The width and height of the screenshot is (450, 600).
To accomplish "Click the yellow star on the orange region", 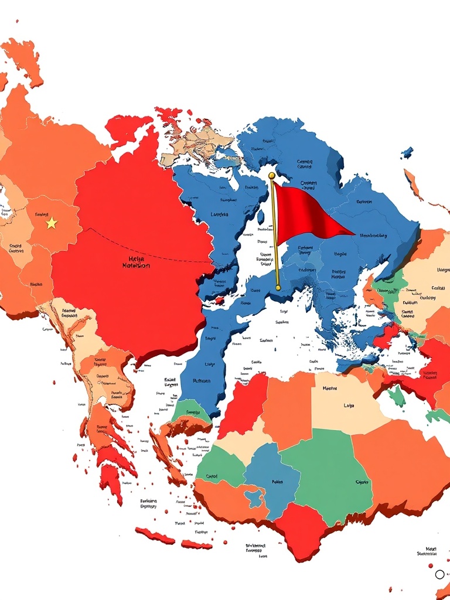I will pyautogui.click(x=52, y=223).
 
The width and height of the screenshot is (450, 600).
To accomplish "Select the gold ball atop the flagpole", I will pyautogui.click(x=271, y=175).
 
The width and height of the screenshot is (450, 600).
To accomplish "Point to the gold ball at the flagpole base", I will pyautogui.click(x=277, y=288).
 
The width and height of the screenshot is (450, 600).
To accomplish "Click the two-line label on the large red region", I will pyautogui.click(x=136, y=261).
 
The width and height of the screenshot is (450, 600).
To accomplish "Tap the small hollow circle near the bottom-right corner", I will pyautogui.click(x=439, y=574).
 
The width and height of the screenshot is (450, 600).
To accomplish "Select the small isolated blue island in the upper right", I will pyautogui.click(x=407, y=152).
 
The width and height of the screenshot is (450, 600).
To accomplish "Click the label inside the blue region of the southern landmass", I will pyautogui.click(x=277, y=482).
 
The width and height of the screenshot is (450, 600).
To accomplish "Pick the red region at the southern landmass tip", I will pyautogui.click(x=302, y=527).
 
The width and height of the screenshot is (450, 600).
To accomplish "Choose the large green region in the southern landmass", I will pyautogui.click(x=334, y=475).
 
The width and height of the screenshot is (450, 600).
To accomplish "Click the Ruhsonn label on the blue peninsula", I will pyautogui.click(x=201, y=380).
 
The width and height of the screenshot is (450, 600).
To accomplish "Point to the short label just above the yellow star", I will pyautogui.click(x=41, y=215).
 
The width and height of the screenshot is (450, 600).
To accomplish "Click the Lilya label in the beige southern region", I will pyautogui.click(x=349, y=405).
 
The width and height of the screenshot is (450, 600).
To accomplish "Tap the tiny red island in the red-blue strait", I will pyautogui.click(x=220, y=301).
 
